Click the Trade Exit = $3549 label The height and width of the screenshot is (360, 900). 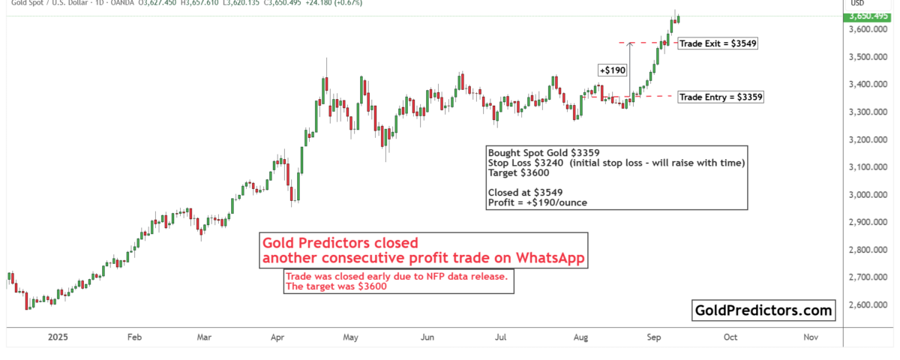718,43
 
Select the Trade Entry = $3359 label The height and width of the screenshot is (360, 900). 721,97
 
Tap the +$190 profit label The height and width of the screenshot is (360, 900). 610,70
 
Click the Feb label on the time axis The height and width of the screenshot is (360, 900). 134,338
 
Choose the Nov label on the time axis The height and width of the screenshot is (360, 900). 810,338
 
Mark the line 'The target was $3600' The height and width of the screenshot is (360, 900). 337,286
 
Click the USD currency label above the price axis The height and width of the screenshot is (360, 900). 856,3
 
